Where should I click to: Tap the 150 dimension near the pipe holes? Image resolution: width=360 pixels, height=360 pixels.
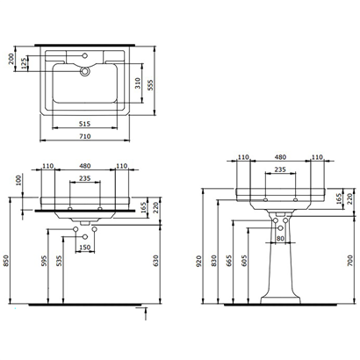tap(86, 248)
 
